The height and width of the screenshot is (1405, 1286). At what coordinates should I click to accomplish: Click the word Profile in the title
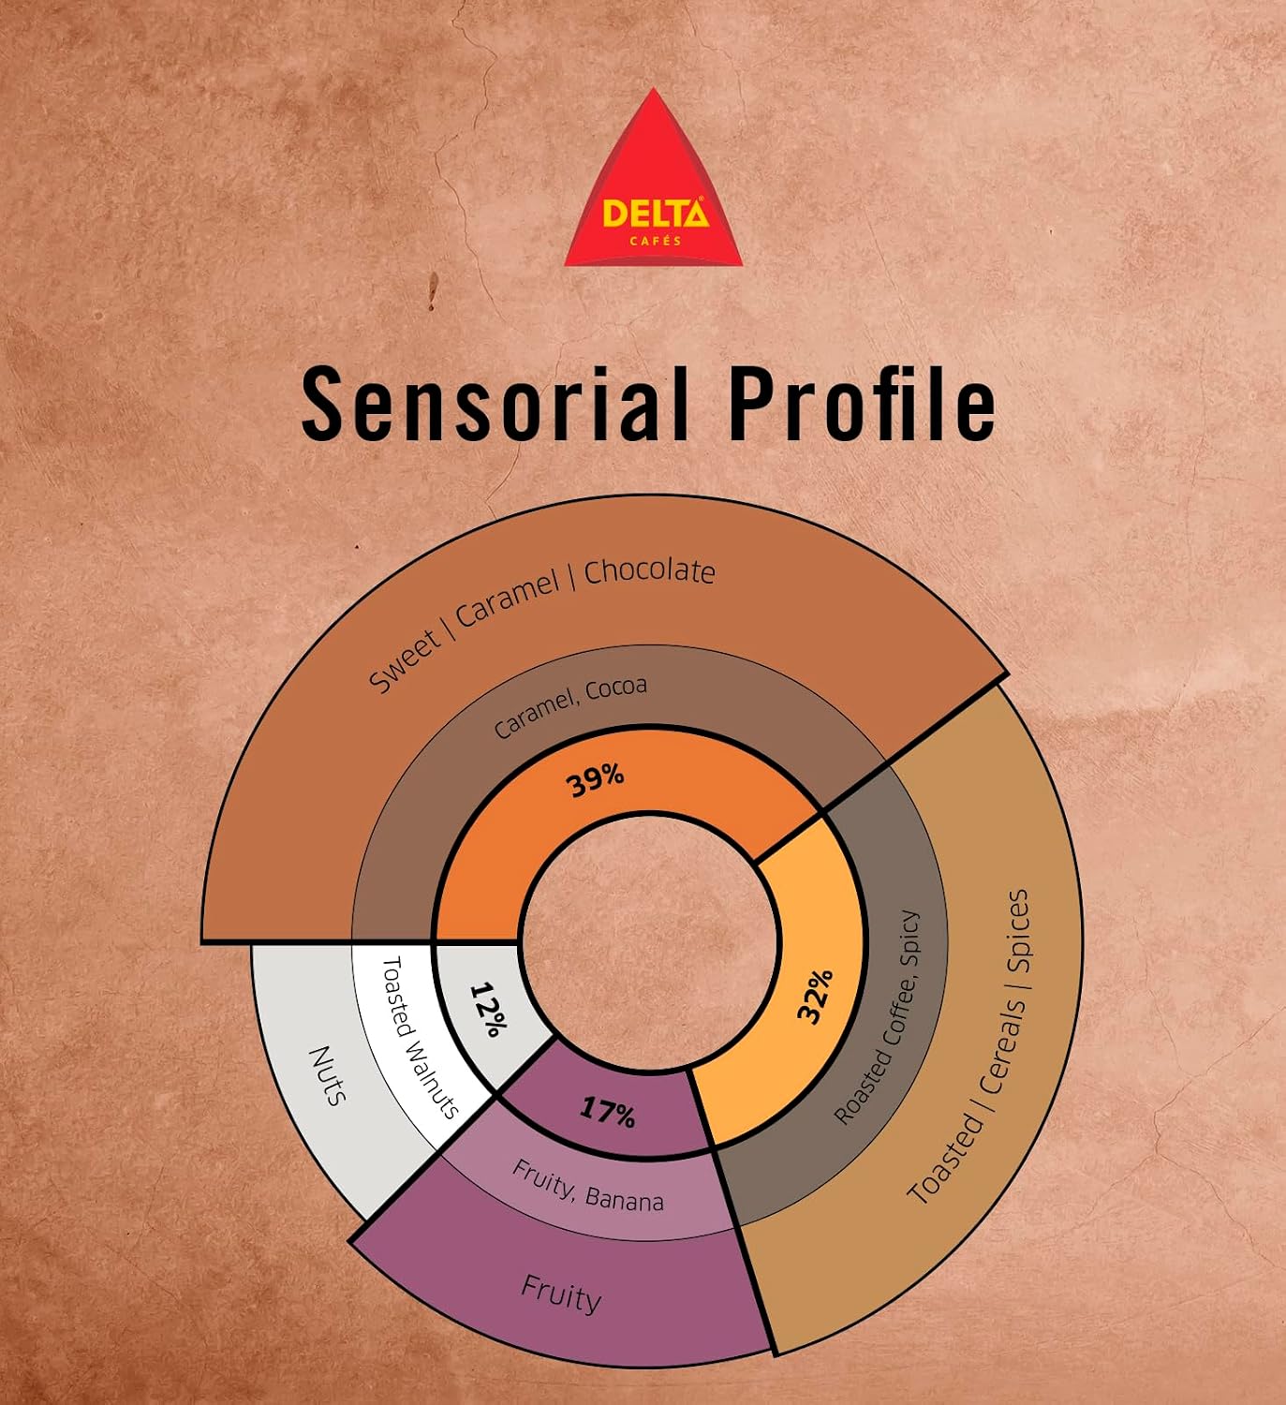863,406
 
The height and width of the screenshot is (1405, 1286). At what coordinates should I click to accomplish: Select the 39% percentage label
596,780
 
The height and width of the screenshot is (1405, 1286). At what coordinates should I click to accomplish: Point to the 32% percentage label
815,996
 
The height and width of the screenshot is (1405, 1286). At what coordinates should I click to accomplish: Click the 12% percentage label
488,1010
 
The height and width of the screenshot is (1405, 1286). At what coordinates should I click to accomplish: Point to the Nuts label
327,1076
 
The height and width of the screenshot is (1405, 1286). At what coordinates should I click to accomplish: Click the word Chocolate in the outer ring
650,570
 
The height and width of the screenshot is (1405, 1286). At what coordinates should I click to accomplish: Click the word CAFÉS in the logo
655,241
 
